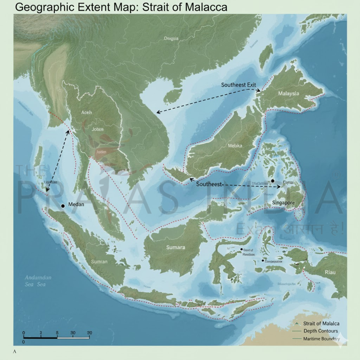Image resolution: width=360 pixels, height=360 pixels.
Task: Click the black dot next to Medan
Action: click(63, 206)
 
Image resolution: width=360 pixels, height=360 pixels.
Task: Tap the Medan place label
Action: click(76, 204)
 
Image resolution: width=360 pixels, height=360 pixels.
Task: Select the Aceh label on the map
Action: click(87, 112)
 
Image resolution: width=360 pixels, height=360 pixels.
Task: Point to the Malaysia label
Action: click(288, 94)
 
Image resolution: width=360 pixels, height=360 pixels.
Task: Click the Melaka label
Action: click(235, 146)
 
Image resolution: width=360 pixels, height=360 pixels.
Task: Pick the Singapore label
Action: click(283, 203)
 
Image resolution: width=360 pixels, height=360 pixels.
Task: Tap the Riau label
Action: click(330, 272)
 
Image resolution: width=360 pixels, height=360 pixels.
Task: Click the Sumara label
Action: click(175, 247)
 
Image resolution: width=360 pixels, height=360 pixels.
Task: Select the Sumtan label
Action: click(99, 262)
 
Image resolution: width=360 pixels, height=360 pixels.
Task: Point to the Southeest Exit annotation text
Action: click(238, 85)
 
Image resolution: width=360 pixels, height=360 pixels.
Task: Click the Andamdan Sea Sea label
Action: click(38, 281)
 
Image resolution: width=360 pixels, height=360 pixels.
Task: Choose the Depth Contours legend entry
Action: click(320, 331)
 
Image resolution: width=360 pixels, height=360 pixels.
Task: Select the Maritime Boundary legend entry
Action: click(321, 339)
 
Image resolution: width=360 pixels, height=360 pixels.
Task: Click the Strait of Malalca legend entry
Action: click(321, 323)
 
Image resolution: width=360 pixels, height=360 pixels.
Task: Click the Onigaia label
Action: click(171, 38)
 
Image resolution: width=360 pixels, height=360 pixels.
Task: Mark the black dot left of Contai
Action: click(272, 181)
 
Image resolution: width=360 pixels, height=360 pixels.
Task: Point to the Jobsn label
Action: click(97, 129)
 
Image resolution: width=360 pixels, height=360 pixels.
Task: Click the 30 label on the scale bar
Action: click(73, 333)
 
